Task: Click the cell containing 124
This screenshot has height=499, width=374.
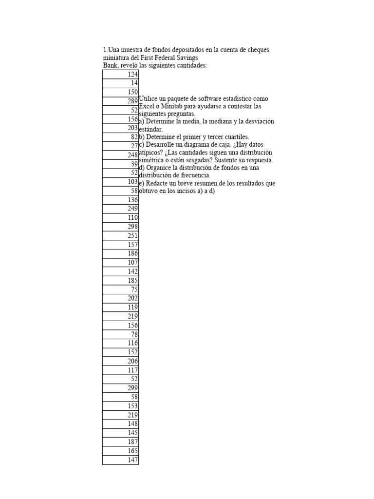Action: [121, 75]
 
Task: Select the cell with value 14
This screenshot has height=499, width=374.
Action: [121, 83]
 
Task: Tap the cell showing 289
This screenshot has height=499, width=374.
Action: [121, 101]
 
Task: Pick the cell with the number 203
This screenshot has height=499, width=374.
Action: [121, 128]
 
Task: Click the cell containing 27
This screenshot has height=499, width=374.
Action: [121, 146]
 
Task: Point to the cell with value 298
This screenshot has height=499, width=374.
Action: [121, 227]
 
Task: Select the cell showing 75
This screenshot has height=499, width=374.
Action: [121, 289]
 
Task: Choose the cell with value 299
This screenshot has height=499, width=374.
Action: [121, 388]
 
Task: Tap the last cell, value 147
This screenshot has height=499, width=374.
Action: [121, 460]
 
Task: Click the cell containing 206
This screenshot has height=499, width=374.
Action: [121, 361]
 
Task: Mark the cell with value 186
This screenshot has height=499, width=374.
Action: [121, 253]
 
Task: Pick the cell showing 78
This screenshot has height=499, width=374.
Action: [121, 334]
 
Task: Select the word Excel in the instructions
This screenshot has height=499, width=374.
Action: [148, 106]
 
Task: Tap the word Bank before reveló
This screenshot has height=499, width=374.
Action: [111, 65]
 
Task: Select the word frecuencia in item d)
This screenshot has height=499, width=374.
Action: [194, 175]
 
